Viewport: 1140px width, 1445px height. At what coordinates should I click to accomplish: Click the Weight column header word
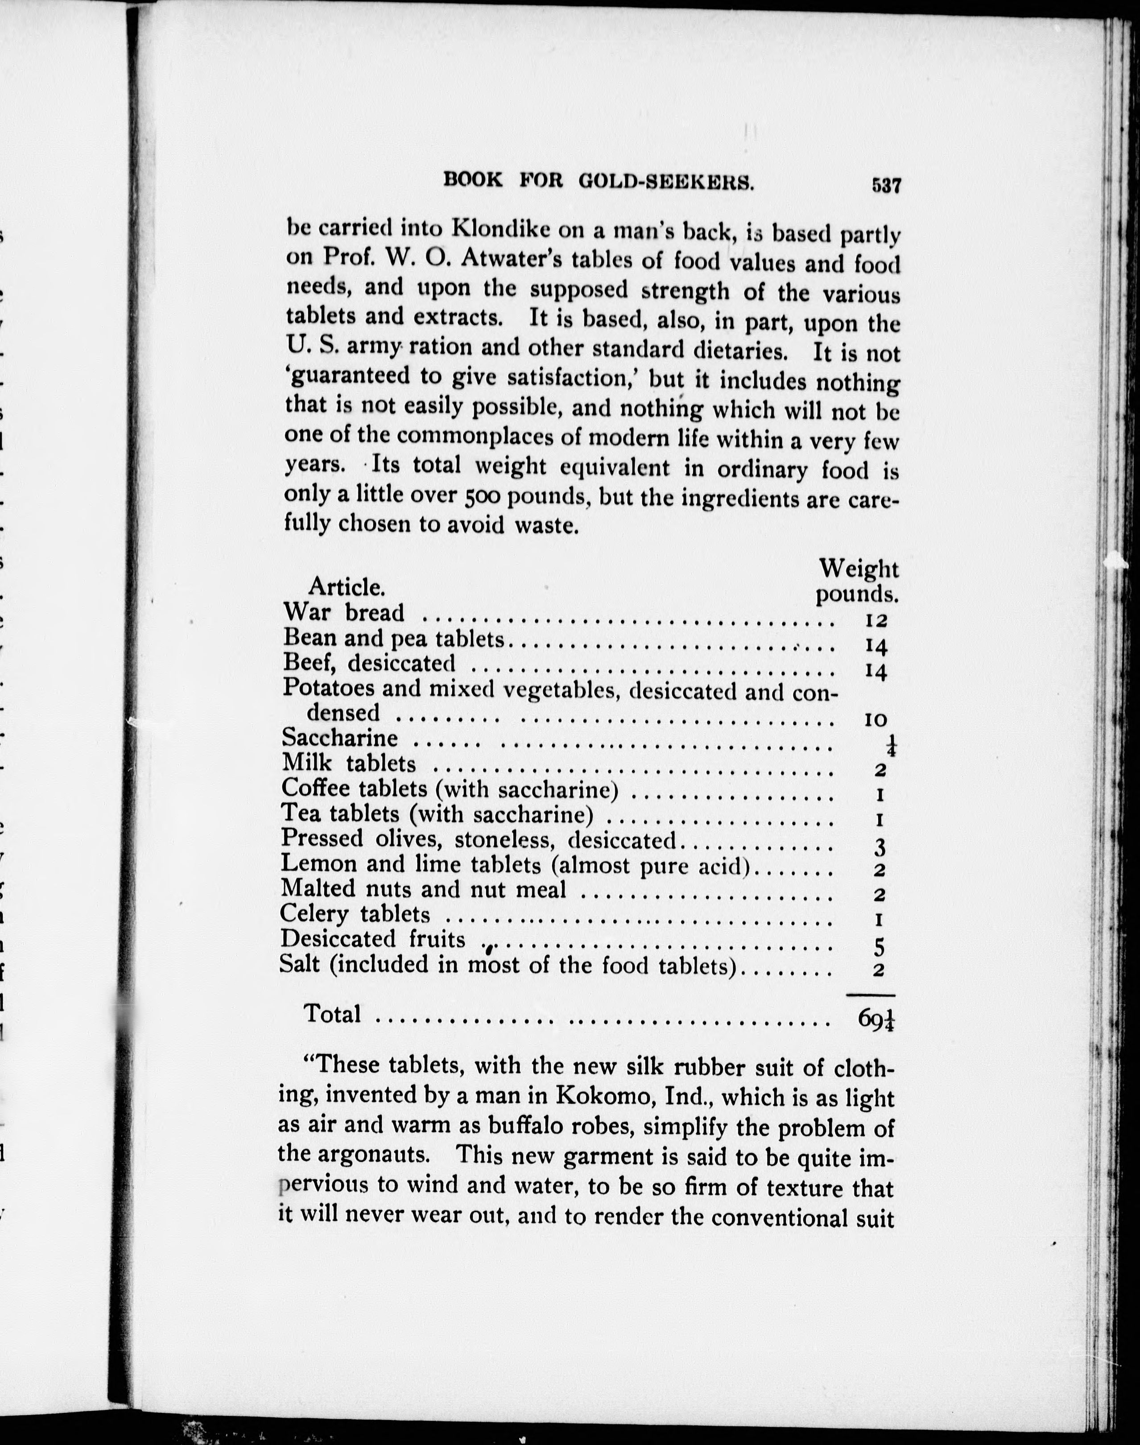click(x=859, y=569)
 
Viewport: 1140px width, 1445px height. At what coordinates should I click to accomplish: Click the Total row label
click(x=332, y=1013)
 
